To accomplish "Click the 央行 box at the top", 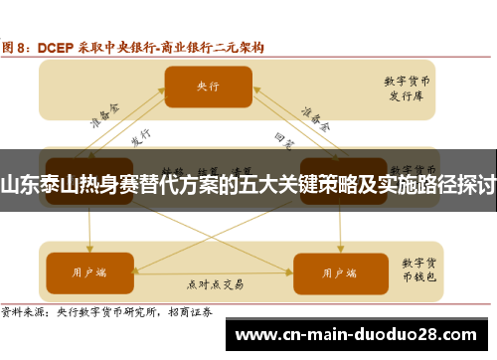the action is point(208,87).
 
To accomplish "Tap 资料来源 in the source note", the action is point(22,311).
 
